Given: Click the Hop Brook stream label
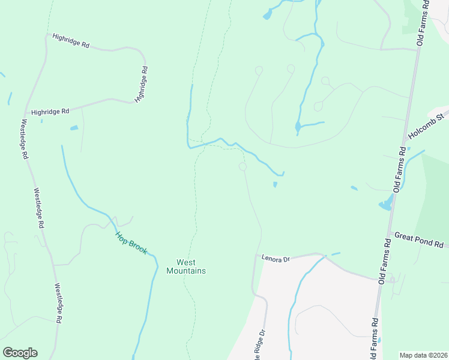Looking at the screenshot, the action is point(131,243).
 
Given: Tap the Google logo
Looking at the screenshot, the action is point(20,353).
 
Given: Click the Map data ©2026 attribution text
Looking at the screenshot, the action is point(423,355).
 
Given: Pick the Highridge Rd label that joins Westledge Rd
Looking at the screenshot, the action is point(51,112).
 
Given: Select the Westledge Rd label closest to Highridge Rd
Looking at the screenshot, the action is point(25,139).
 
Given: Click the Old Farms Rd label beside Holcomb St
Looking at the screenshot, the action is point(400,169).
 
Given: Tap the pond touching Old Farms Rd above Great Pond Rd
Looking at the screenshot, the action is point(385,206).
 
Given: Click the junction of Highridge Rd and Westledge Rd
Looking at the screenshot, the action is point(25,112).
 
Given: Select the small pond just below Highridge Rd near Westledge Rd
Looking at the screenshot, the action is point(74,128).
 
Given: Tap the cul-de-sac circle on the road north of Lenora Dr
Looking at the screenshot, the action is point(243,166).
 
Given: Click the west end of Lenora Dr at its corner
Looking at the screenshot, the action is point(257,255).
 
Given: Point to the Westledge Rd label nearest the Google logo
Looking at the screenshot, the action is point(59,304).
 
